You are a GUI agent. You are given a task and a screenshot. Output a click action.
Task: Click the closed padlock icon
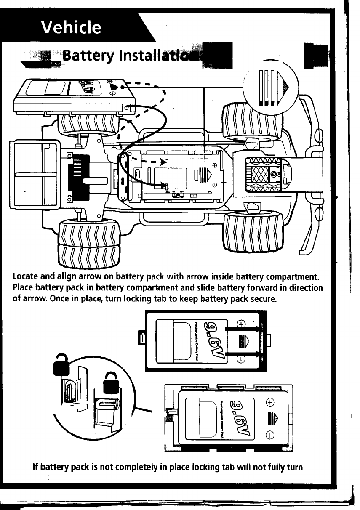coord(111,384)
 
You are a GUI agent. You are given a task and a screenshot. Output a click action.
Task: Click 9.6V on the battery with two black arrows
coord(213,340)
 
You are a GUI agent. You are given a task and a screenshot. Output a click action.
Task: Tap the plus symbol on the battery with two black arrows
coord(240,324)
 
